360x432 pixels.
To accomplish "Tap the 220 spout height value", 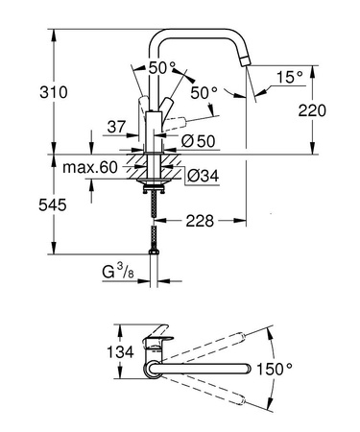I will [331, 110].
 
